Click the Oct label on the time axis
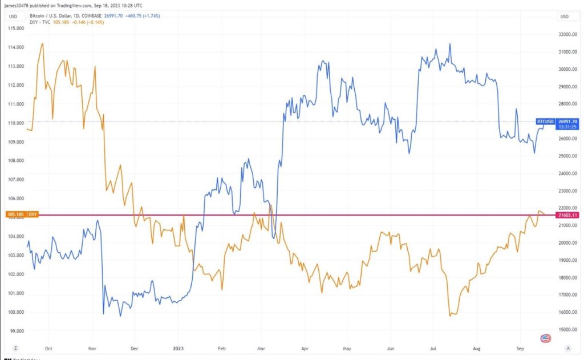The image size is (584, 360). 48,347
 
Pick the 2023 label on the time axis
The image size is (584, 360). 178,347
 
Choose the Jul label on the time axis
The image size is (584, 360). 433,347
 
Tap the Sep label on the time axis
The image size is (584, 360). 520,347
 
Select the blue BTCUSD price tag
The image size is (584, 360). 546,122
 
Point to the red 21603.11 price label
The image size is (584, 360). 566,215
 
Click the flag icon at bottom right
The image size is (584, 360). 545,338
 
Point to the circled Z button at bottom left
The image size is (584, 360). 15,347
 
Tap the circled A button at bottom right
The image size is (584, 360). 567,347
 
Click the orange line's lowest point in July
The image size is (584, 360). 451,315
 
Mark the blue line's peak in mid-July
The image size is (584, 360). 450,43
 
